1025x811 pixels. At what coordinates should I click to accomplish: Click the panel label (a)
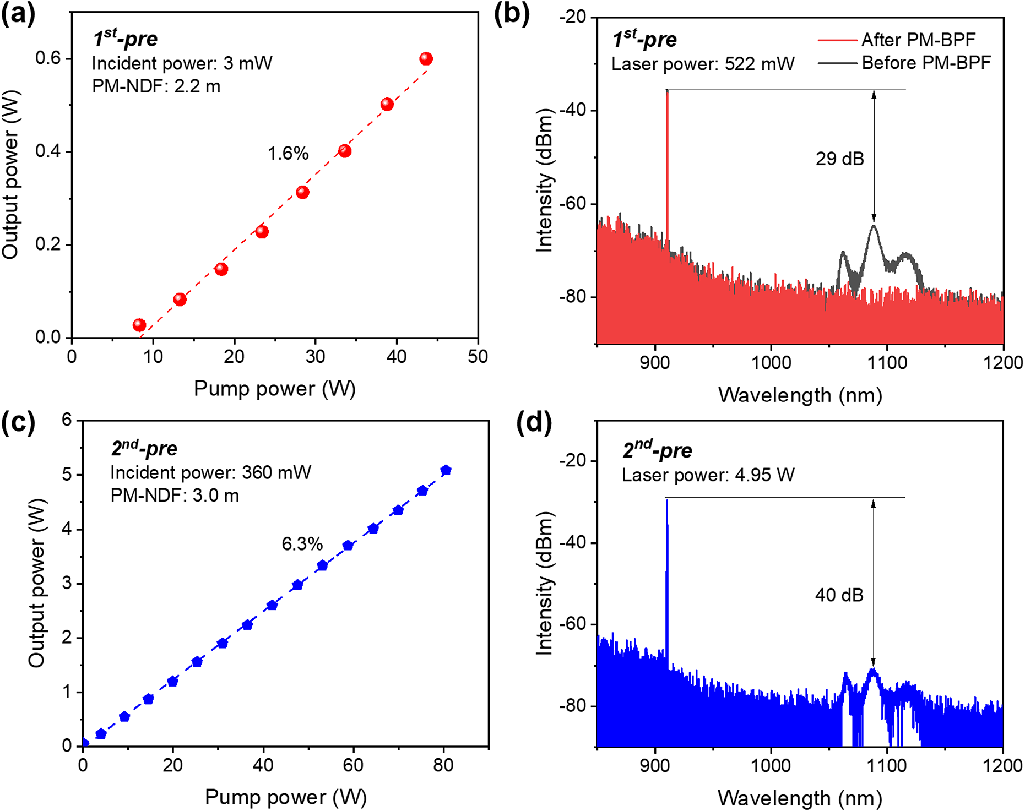[x=18, y=14]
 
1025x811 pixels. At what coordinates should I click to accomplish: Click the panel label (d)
[x=534, y=423]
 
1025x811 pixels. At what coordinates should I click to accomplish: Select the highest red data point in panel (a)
[x=426, y=58]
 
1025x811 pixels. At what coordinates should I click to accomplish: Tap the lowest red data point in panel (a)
[x=139, y=325]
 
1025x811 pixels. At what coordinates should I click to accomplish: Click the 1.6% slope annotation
[x=288, y=153]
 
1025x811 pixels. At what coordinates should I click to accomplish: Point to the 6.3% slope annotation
[x=302, y=544]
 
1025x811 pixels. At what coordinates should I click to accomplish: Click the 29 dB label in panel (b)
[x=839, y=159]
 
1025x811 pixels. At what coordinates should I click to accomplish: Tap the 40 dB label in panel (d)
[x=839, y=595]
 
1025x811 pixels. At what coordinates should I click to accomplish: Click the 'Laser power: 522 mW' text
[x=703, y=64]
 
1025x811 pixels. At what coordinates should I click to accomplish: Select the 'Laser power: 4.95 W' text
[x=708, y=475]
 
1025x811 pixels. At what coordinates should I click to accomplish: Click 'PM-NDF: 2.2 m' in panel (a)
[x=156, y=86]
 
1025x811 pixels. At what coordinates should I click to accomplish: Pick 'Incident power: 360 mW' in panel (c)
[x=210, y=472]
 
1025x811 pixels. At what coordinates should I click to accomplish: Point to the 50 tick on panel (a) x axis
[x=478, y=357]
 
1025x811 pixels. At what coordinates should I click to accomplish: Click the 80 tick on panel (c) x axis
[x=443, y=765]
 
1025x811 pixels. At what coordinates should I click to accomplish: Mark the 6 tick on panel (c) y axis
[x=67, y=420]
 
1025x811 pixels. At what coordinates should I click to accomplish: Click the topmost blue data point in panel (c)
[x=446, y=470]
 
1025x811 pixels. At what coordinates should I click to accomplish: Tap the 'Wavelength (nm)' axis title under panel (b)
[x=800, y=395]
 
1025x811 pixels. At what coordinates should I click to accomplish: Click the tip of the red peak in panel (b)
[x=667, y=90]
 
